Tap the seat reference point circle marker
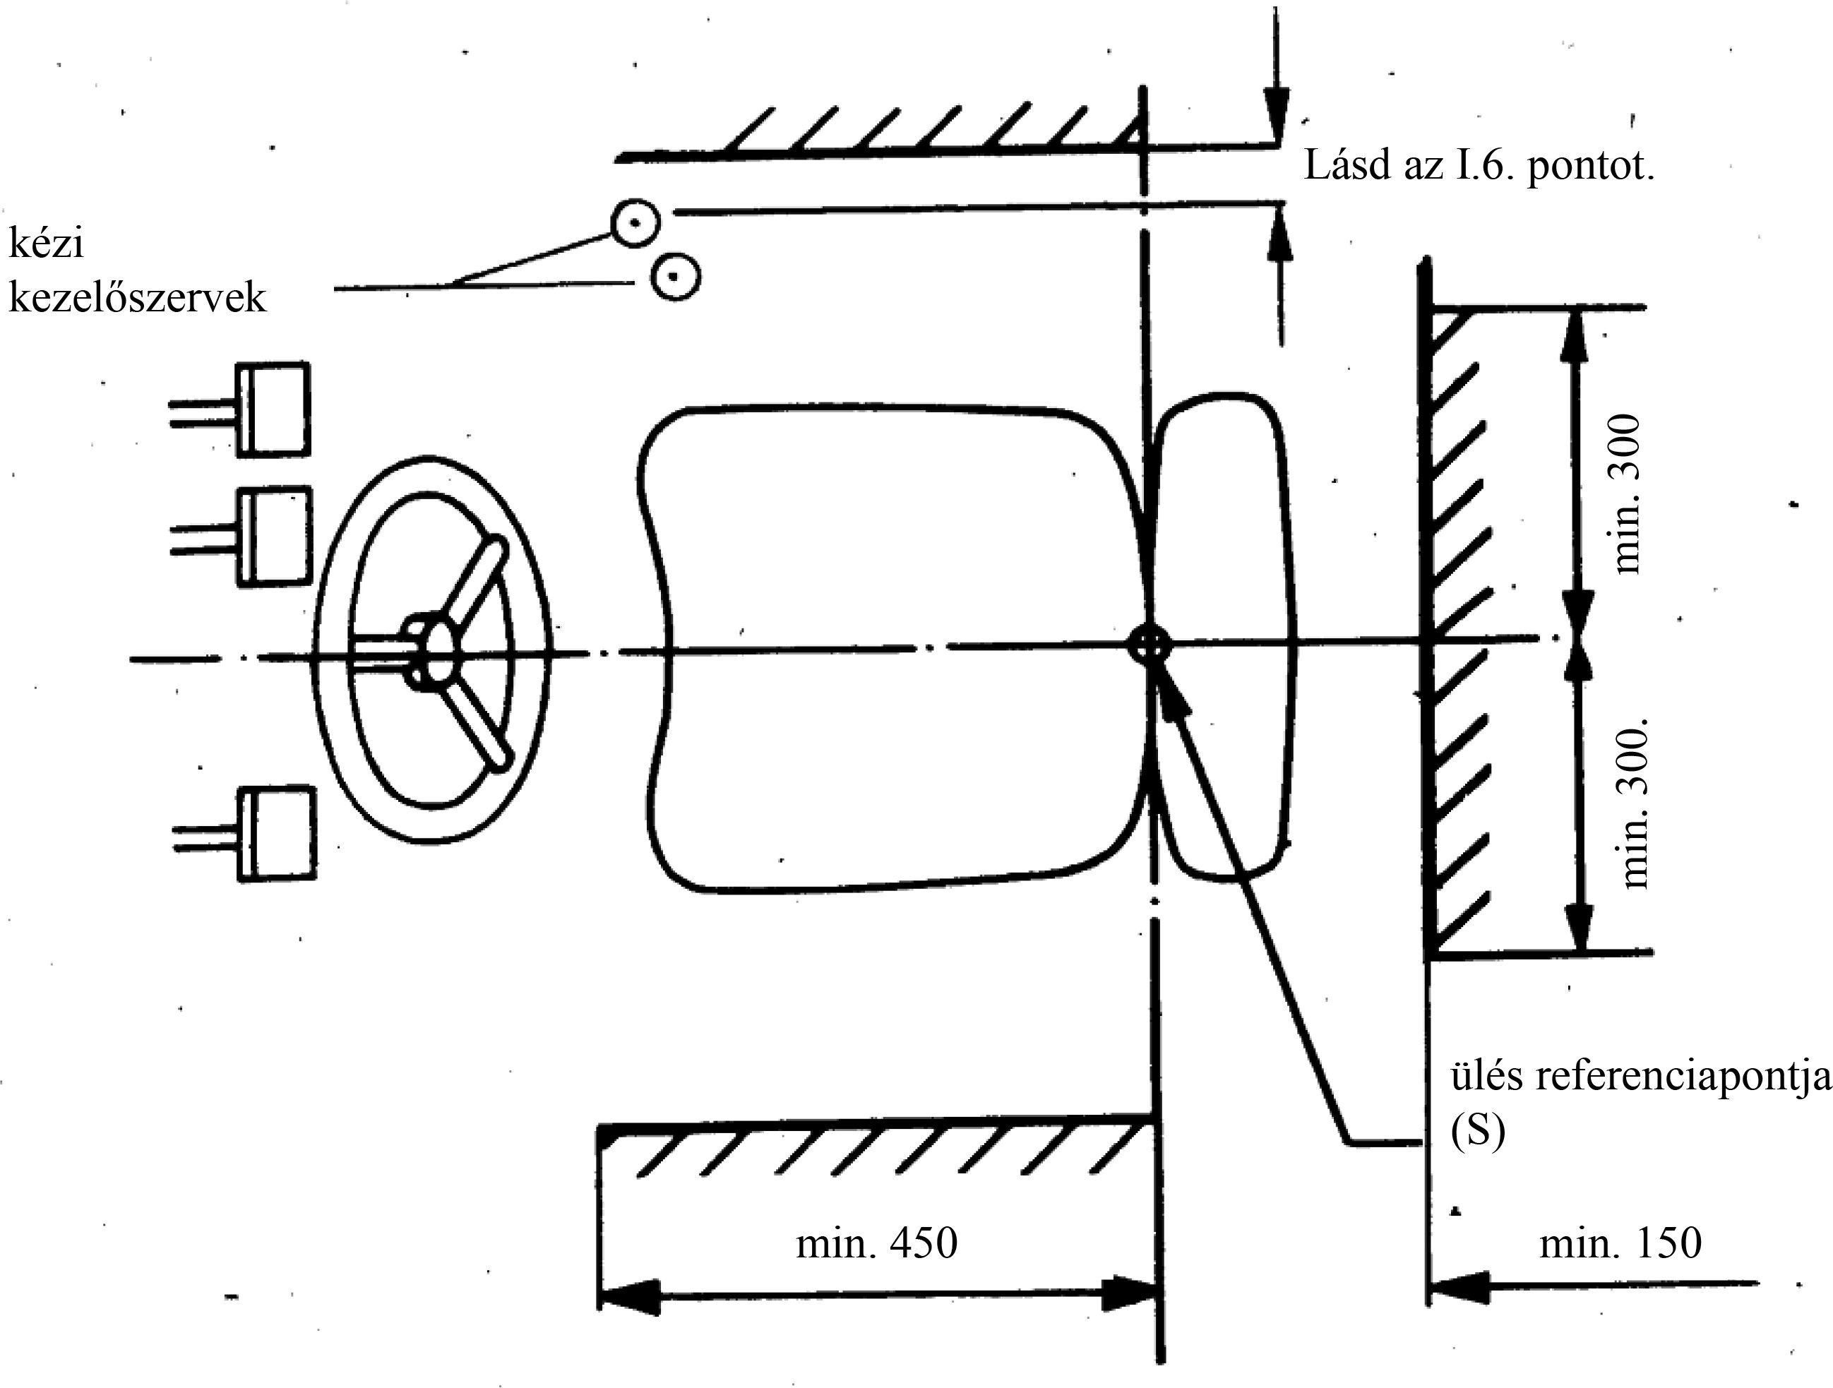1150,645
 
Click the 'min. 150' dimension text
1620,1243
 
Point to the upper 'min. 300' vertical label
1627,494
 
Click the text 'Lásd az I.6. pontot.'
1479,166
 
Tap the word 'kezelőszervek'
138,297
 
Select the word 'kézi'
47,243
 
